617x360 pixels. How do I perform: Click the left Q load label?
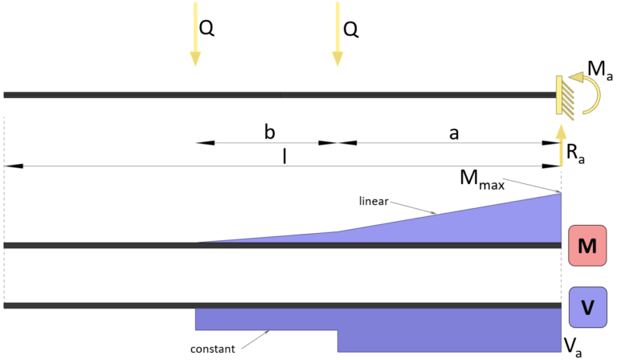click(x=207, y=29)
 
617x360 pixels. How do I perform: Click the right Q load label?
click(x=350, y=29)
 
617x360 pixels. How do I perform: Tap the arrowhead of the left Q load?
click(x=194, y=59)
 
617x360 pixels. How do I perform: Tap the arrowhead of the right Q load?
click(x=337, y=59)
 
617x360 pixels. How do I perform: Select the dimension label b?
click(x=269, y=132)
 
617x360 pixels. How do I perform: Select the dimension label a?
click(x=453, y=133)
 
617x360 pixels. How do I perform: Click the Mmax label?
click(x=482, y=181)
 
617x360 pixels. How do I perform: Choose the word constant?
click(x=214, y=350)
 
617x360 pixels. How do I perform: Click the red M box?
click(x=586, y=245)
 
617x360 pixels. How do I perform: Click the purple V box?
click(x=587, y=307)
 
